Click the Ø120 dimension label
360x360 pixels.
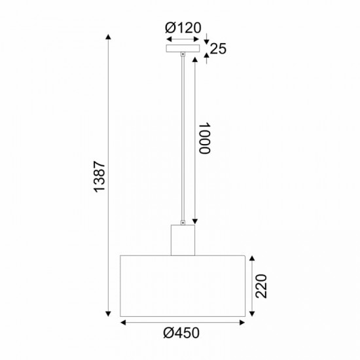(x=183, y=27)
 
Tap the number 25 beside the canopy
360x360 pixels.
(x=218, y=48)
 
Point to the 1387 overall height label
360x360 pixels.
(x=99, y=176)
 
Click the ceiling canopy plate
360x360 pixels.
(x=183, y=49)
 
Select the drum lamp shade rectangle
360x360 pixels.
(x=183, y=285)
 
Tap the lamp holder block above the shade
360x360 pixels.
(x=183, y=240)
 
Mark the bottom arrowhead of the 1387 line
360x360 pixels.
(x=109, y=315)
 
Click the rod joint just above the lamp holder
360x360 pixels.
(x=183, y=222)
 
